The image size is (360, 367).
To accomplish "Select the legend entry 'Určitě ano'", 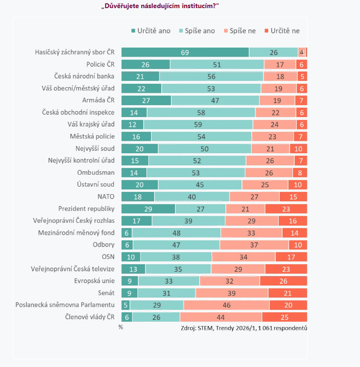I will pyautogui.click(x=151, y=31).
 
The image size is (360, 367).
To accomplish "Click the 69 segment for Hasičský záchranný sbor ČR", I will pyautogui.click(x=185, y=52).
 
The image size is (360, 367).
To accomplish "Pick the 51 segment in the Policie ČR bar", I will pyautogui.click(x=217, y=64).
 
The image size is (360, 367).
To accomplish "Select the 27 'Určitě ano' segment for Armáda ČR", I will pyautogui.click(x=146, y=100).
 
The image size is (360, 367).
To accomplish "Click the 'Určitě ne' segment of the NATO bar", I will pyautogui.click(x=293, y=197).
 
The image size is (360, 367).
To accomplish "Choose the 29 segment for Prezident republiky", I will pyautogui.click(x=148, y=208).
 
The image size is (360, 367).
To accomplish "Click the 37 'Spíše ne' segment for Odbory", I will pyautogui.click(x=254, y=245).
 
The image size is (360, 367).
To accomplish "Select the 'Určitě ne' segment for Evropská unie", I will pyautogui.click(x=283, y=281).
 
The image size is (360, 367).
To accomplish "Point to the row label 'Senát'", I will pyautogui.click(x=106, y=293).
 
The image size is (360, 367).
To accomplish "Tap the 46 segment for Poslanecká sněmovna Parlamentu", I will pyautogui.click(x=226, y=305).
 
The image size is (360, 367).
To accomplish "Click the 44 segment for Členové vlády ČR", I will pyautogui.click(x=221, y=317).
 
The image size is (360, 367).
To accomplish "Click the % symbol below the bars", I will pyautogui.click(x=121, y=327).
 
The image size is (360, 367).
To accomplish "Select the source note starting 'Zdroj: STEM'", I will pyautogui.click(x=244, y=328).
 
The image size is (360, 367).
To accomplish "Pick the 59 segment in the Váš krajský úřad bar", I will pyautogui.click(x=198, y=124).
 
